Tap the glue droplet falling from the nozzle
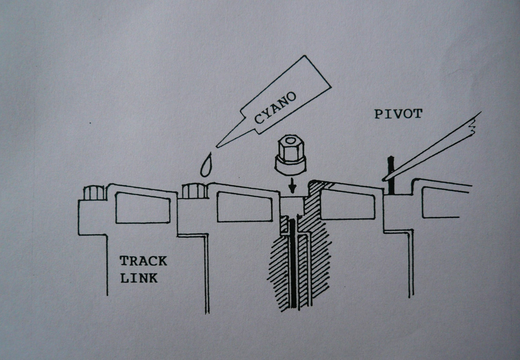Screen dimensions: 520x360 (206, 165)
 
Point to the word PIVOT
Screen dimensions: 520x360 (398, 114)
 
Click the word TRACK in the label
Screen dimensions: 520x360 (143, 261)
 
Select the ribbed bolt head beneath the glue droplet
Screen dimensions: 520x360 (193, 191)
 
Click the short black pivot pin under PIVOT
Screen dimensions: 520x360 (391, 175)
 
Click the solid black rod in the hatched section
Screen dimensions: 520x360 (292, 264)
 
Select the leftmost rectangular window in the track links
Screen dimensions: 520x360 (143, 208)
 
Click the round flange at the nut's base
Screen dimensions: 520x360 (290, 167)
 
